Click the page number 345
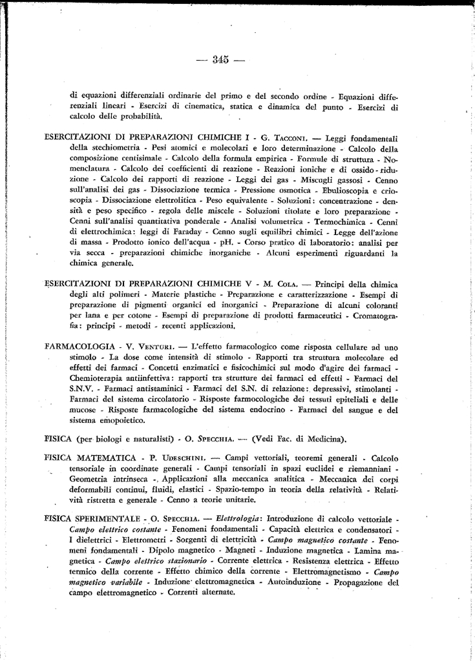coord(219,60)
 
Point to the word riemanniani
coord(367,469)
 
